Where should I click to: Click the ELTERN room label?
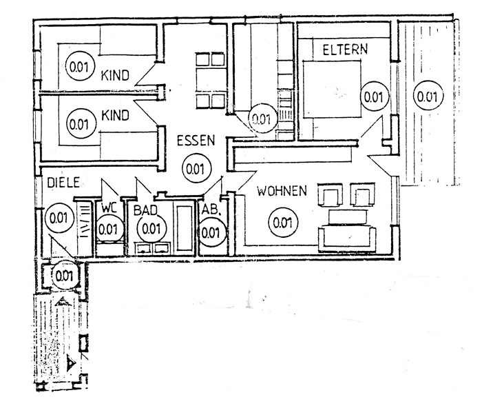344,49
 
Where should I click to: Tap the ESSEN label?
196,140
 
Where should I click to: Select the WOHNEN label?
281,191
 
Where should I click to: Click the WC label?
109,207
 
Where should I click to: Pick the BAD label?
147,207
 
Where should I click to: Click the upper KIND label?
115,75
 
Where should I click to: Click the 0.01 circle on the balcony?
427,97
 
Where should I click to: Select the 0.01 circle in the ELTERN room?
372,97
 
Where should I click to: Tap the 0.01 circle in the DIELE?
58,219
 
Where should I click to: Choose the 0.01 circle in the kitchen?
261,118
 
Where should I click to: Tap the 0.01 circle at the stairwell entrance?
64,276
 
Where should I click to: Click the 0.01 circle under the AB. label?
212,232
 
